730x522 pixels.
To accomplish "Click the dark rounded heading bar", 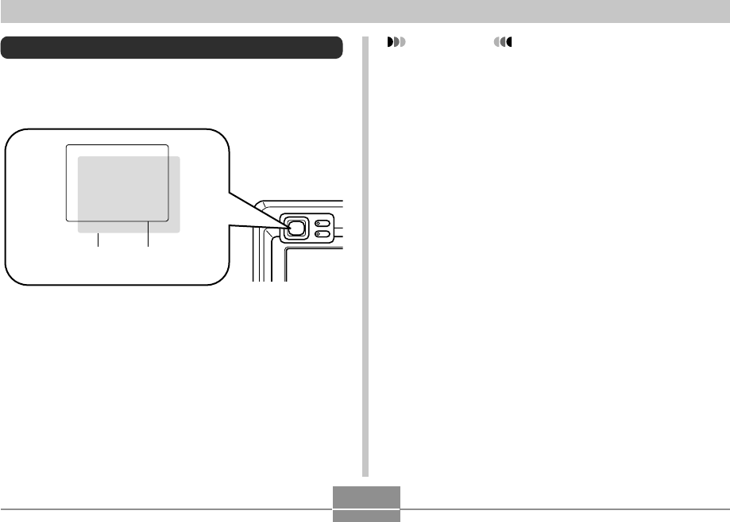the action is [x=172, y=47].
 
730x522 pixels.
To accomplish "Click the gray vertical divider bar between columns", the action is [x=366, y=254].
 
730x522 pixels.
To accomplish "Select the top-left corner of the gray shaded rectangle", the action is [x=78, y=156].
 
